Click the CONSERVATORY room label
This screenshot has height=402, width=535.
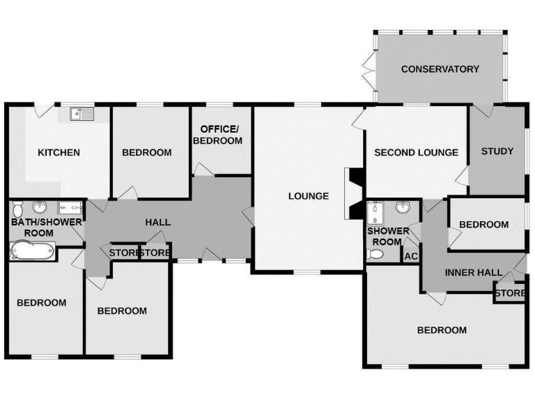[440, 69]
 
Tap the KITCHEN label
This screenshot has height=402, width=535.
[59, 153]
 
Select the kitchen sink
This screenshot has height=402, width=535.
[82, 113]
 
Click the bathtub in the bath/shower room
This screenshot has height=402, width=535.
[32, 250]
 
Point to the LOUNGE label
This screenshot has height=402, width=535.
[309, 196]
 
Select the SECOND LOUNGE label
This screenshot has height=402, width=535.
[416, 153]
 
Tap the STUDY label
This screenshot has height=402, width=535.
[497, 151]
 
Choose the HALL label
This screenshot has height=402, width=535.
[158, 222]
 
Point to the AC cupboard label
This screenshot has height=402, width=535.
[410, 256]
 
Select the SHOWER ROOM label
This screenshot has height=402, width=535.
[384, 236]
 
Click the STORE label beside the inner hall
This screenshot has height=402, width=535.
[510, 293]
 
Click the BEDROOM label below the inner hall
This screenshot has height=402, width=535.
[442, 330]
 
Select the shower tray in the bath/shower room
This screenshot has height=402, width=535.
[70, 207]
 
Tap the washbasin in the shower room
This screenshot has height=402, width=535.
[403, 208]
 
